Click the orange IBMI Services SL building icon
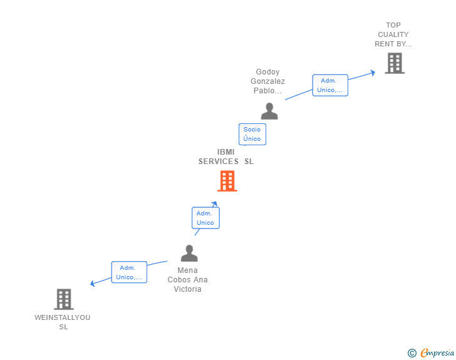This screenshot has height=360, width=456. coord(227,181)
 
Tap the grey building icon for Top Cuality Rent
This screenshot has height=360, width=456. coord(395,63)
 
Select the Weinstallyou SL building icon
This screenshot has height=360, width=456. coord(64,299)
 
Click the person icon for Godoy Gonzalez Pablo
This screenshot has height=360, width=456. coord(269,111)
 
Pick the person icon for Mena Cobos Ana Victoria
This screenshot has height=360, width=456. coord(189,254)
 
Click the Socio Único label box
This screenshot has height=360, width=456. coord(252,134)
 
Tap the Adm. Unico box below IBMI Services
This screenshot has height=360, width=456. coord(205,218)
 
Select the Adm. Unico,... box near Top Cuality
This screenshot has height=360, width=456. coord(330,85)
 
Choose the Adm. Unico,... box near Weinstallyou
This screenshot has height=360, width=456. coord(129,272)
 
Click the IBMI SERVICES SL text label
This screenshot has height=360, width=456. coord(226,157)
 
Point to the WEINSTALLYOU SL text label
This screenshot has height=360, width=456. coord(63,322)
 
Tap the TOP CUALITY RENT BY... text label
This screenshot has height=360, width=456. coord(393,35)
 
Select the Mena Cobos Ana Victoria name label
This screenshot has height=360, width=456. coord(188,280)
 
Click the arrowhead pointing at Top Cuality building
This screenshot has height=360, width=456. coord(372,73)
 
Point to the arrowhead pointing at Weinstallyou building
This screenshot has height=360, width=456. coord(93,284)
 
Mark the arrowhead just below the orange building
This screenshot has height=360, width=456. coord(214,203)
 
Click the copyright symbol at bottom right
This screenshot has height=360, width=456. coord(412,353)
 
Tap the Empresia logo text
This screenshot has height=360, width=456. coord(437,353)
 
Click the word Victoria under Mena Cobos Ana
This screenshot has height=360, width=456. coord(188,289)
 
